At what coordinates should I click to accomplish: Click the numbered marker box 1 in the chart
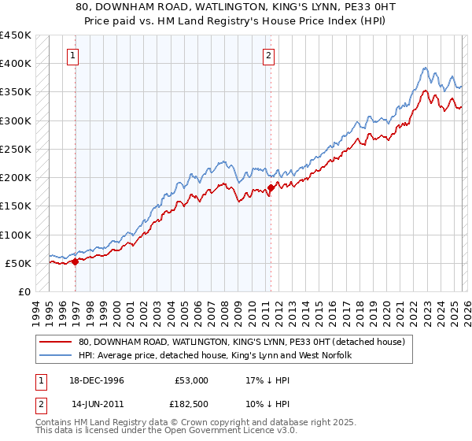(72, 55)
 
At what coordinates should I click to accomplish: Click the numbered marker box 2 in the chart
(269, 55)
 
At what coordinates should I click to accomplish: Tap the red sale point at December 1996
(76, 261)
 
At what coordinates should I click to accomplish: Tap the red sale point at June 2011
(271, 187)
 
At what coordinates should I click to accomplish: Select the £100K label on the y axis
(16, 235)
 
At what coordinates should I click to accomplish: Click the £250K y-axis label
(16, 149)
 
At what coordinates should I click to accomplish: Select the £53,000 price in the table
(192, 380)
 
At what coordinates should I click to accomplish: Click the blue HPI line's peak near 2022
(425, 68)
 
